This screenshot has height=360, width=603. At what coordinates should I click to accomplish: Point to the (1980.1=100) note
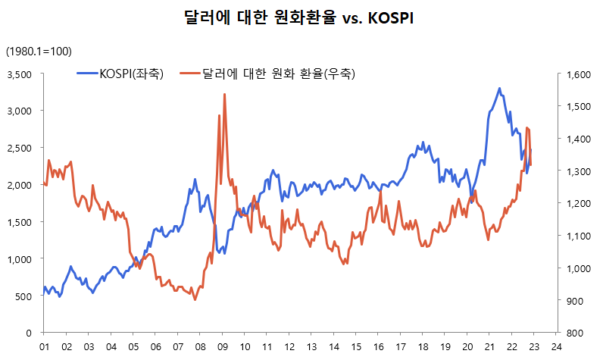coord(39,51)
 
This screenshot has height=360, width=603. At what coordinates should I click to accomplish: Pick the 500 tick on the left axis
coord(23,296)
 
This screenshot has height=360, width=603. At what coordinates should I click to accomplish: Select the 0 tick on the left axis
coord(28,333)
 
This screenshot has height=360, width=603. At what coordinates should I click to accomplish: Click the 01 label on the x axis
coord(43,345)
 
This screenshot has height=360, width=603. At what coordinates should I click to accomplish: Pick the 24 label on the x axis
coord(557,345)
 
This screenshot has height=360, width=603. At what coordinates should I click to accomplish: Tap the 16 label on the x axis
coord(378,345)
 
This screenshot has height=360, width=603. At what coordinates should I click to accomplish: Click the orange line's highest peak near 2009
coord(224,94)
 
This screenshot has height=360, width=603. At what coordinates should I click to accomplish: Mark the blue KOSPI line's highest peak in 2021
coord(499,88)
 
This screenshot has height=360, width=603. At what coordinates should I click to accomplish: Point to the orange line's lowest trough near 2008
coord(195,300)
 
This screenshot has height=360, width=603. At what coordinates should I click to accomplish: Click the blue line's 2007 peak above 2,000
coord(195,179)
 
